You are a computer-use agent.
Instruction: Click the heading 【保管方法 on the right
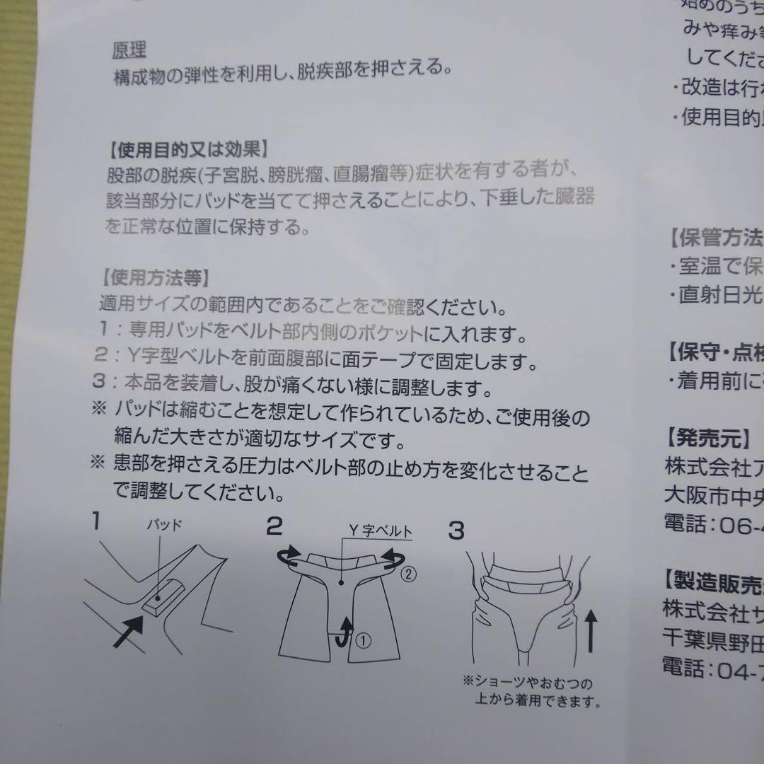(x=713, y=236)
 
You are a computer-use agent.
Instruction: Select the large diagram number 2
(x=274, y=526)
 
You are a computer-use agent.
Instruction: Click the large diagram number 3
(x=457, y=530)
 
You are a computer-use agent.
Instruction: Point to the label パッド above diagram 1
(x=164, y=525)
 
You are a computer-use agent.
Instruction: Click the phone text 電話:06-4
(x=713, y=523)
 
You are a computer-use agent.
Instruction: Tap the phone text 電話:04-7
(x=713, y=666)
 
